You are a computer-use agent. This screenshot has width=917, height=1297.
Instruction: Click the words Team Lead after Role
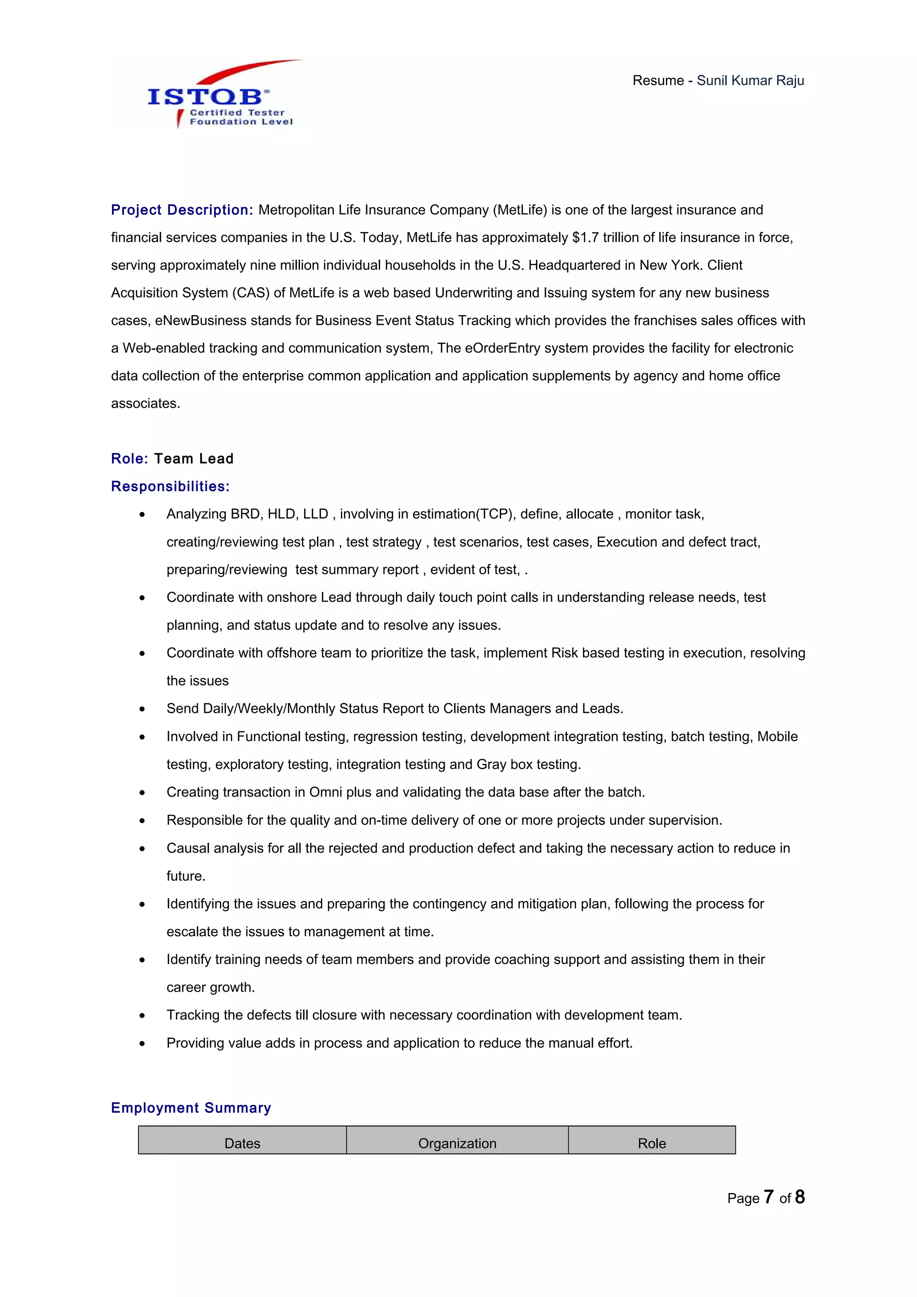(x=194, y=459)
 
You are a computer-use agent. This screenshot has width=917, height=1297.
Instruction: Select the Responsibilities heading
(x=170, y=486)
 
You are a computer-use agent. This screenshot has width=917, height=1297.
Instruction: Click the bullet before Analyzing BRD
(x=142, y=515)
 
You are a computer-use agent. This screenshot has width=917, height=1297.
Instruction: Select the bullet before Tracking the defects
(x=142, y=1015)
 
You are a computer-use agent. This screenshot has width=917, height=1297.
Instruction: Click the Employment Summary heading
(x=191, y=1108)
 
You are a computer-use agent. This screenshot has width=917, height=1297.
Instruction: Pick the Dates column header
(x=242, y=1143)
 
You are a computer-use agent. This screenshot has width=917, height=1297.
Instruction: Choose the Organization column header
(x=457, y=1143)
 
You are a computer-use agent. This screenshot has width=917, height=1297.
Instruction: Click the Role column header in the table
(x=651, y=1143)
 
